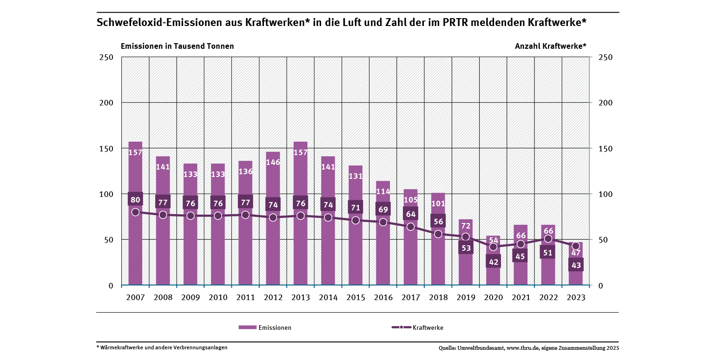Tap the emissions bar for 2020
pos(493,274)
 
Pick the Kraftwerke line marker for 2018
pos(438,234)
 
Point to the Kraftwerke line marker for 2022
pos(548,239)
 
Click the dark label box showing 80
pos(135,200)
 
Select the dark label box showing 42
pos(493,262)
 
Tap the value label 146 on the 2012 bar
pos(273,163)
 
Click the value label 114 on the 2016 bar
pos(383,191)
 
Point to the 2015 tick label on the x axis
pos(356,298)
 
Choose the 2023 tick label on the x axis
pos(575,298)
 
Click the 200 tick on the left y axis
pos(107,103)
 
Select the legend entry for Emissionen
pos(265,327)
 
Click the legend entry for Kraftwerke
pos(417,327)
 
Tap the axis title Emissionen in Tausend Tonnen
pos(177,46)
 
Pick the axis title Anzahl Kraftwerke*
pos(550,46)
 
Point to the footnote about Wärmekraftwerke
pos(162,347)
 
